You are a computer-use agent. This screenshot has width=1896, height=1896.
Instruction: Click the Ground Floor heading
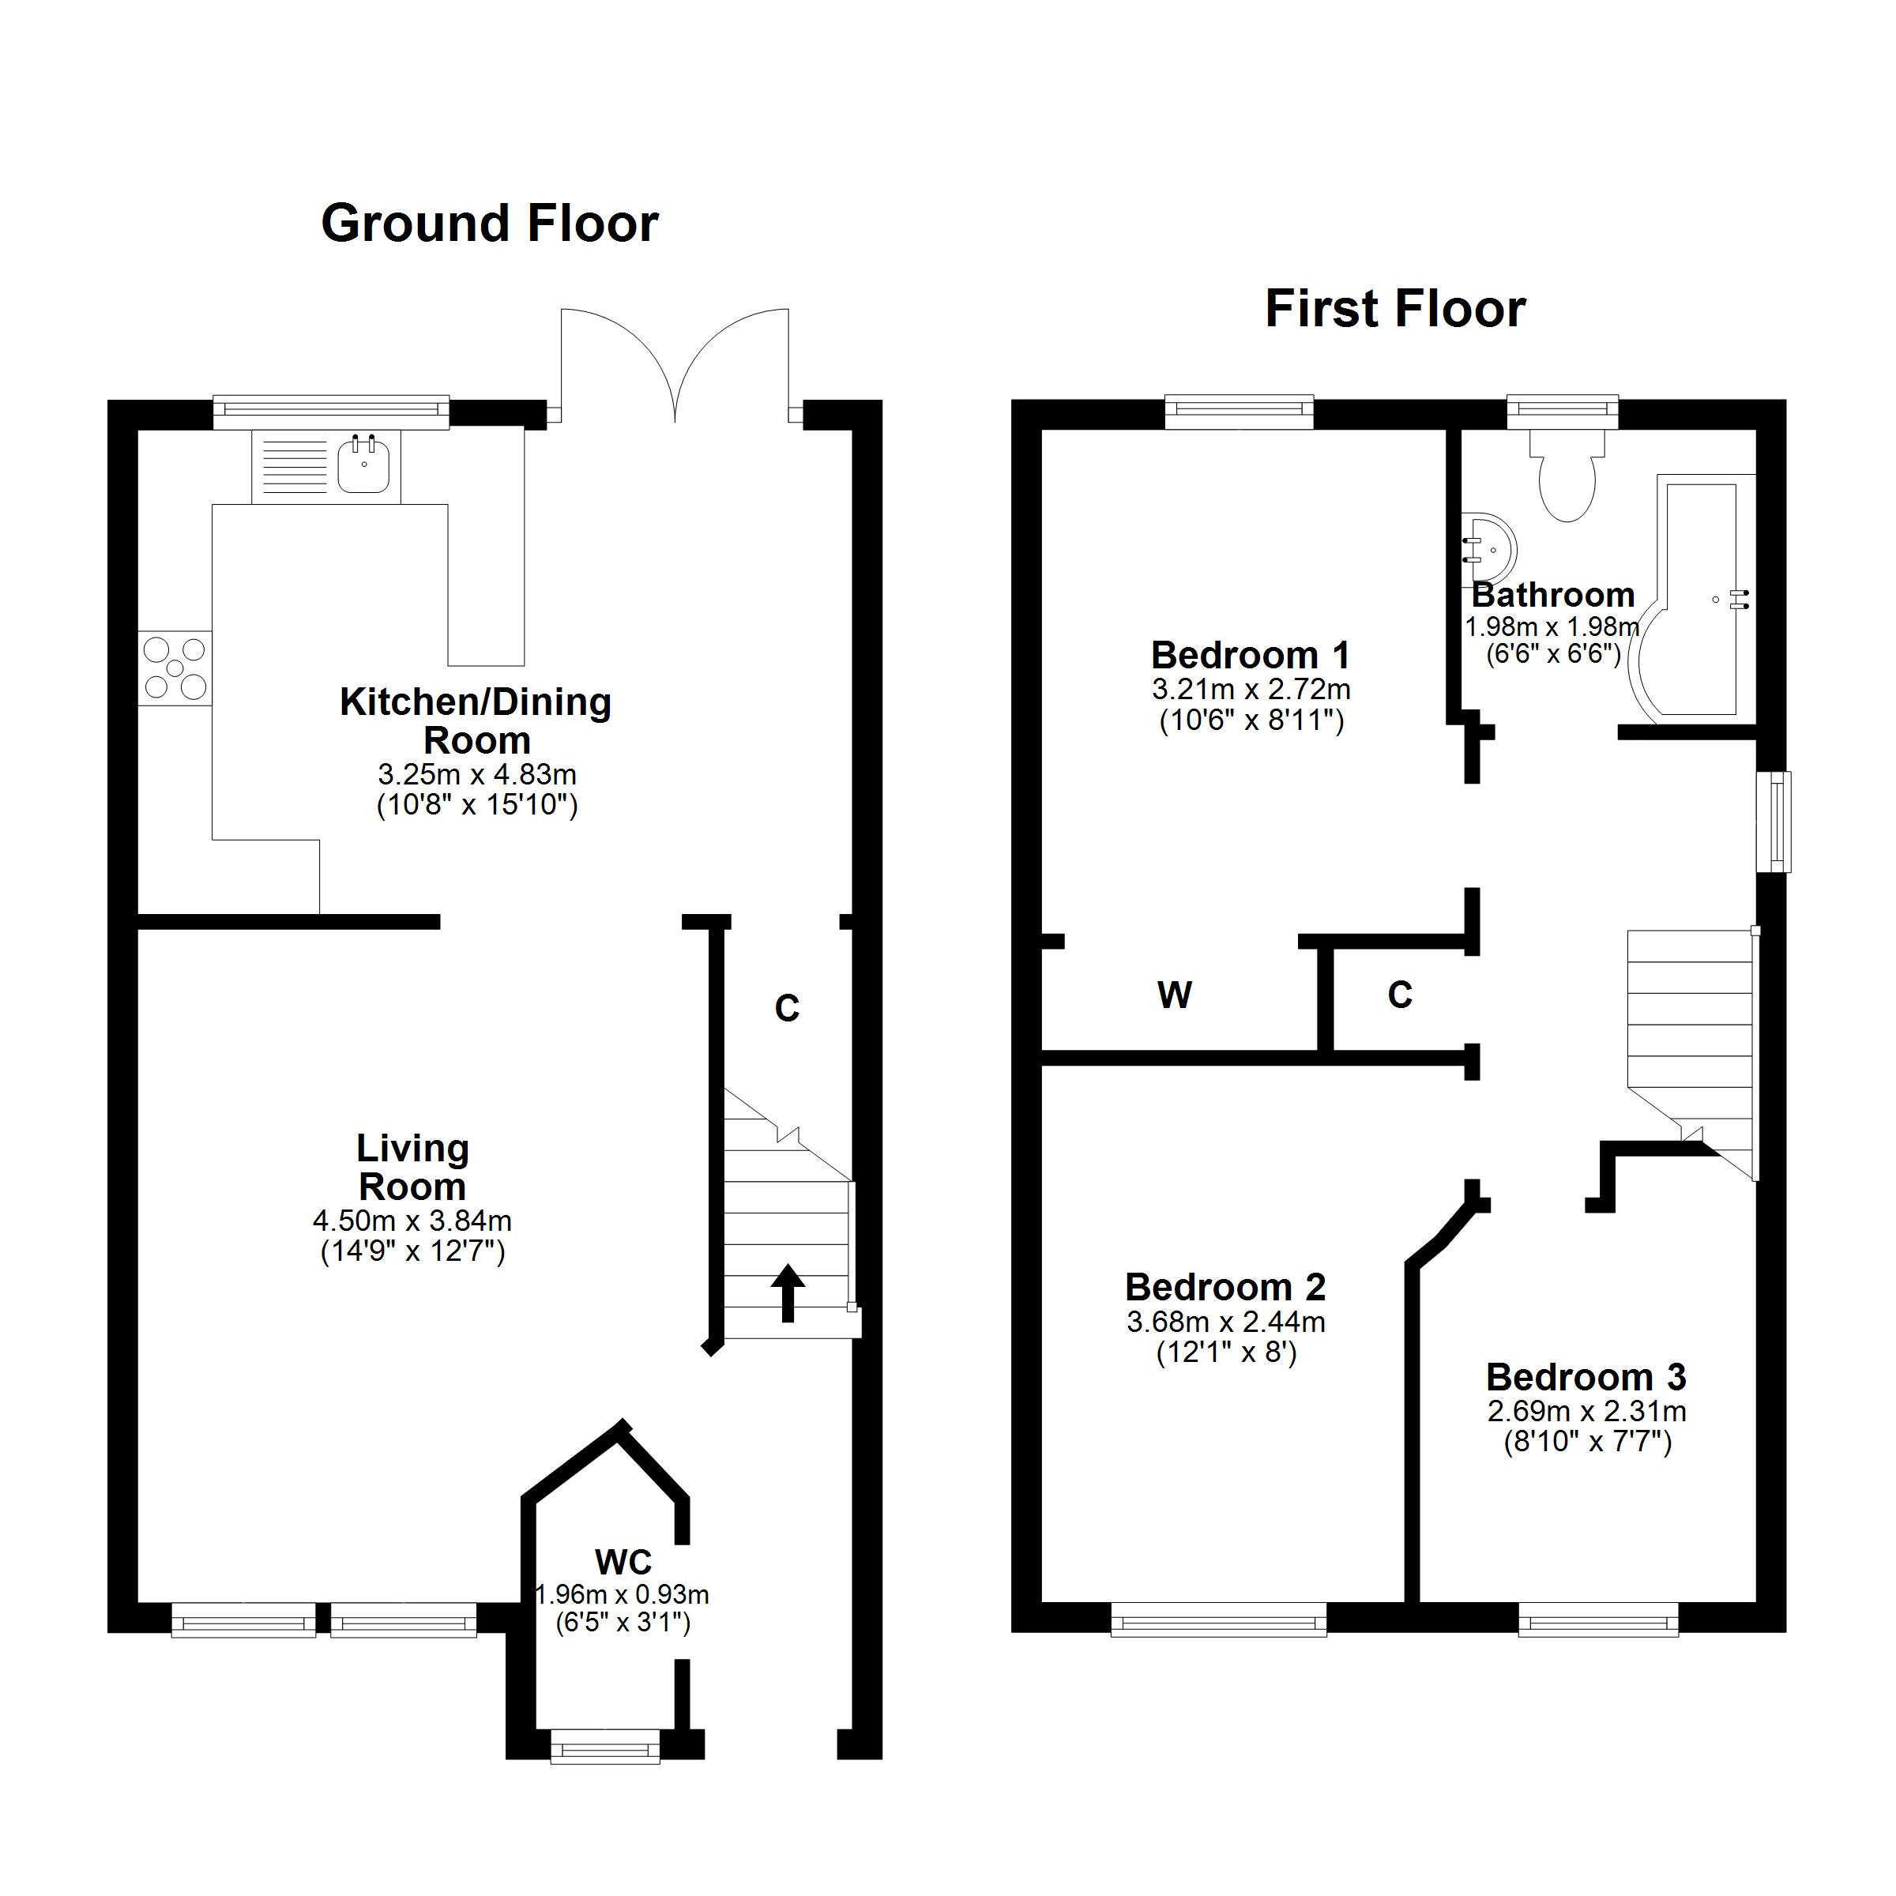[489, 224]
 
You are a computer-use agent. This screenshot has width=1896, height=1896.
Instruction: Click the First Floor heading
[1394, 309]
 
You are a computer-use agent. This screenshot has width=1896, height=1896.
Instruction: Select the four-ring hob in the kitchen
[175, 668]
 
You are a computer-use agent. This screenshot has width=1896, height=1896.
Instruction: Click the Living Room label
[412, 1168]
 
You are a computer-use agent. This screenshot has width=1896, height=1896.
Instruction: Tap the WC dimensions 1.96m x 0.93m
[623, 1595]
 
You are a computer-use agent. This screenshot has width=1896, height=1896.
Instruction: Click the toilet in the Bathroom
[1567, 481]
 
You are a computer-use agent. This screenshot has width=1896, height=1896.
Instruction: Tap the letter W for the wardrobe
[1174, 996]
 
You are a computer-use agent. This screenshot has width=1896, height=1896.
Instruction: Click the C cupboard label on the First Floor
[1399, 995]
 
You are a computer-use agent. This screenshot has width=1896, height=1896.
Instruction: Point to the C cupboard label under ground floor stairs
[787, 1008]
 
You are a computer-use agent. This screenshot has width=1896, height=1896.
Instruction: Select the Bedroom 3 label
[1585, 1378]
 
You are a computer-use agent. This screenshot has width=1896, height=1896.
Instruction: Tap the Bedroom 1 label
[1251, 655]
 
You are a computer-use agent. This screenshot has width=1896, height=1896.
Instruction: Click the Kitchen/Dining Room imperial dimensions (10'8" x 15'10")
[477, 806]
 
